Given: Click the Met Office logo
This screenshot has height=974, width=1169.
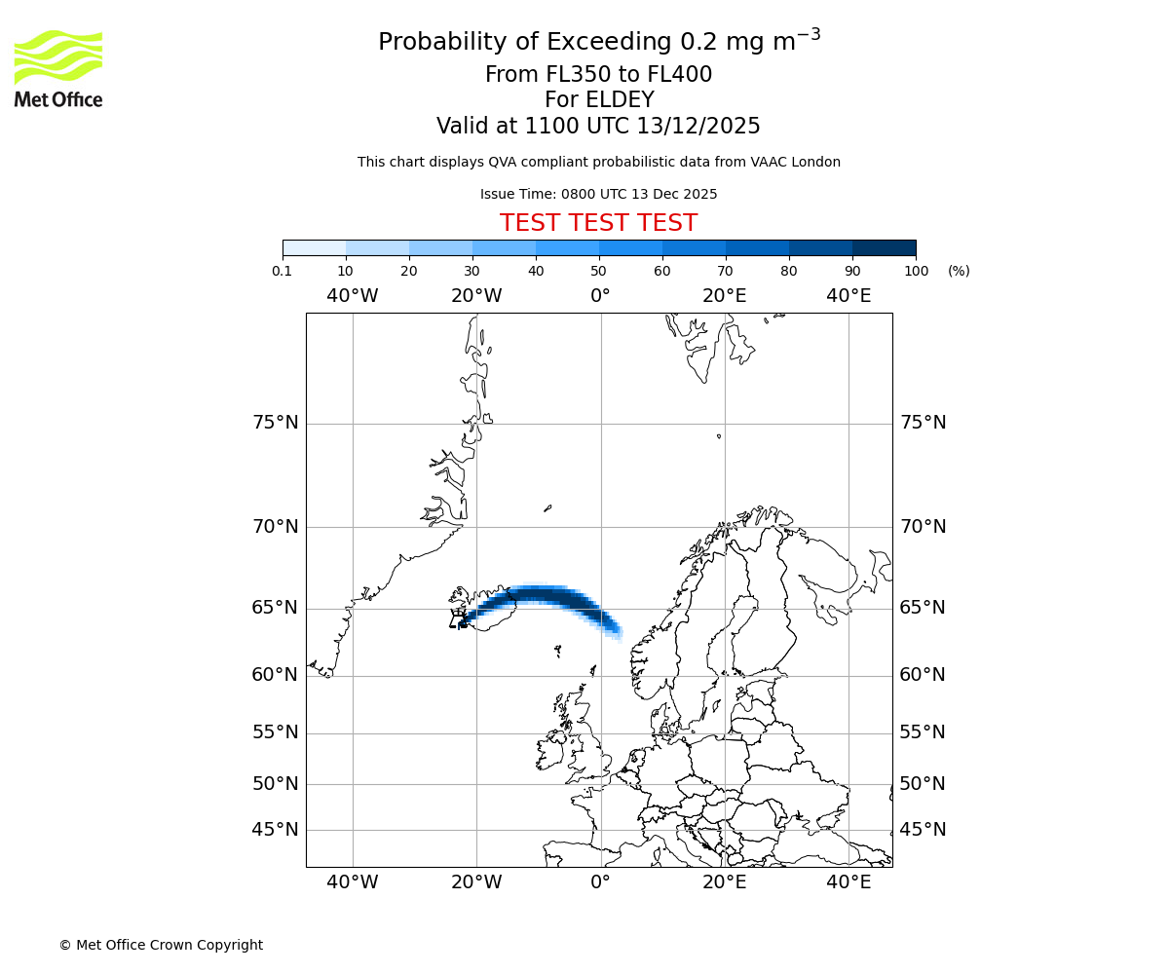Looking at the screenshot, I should point(58,68).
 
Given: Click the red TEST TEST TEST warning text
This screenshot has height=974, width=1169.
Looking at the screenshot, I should point(598,224).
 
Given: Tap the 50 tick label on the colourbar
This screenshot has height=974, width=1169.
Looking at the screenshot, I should point(598,271).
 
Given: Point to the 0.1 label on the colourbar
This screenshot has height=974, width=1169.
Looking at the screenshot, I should point(283,271).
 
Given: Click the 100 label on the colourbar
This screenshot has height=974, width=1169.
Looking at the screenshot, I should point(916,271).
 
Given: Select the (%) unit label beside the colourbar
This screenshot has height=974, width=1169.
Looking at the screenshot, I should point(959,271).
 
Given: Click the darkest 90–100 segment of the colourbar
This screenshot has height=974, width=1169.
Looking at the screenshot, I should point(884,247).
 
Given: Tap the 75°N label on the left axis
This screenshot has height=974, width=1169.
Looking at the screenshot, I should point(276,423).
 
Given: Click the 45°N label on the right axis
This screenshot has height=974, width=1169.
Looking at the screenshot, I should point(923,830).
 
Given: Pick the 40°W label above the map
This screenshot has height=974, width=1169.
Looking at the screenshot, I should point(352,296).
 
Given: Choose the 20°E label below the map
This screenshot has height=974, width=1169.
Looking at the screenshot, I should point(724,882).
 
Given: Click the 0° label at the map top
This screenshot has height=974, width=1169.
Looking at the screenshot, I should point(600,296).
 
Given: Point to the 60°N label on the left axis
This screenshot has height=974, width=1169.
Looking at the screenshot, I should point(276,675).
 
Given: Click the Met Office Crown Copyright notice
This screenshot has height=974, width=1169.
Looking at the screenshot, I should point(161,945).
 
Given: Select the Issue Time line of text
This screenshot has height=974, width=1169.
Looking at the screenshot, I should point(598,195).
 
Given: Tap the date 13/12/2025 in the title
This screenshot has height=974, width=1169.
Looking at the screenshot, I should point(698,127).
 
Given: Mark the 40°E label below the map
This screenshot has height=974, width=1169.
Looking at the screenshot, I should point(848,882).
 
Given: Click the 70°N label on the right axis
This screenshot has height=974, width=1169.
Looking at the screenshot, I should point(923,527).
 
